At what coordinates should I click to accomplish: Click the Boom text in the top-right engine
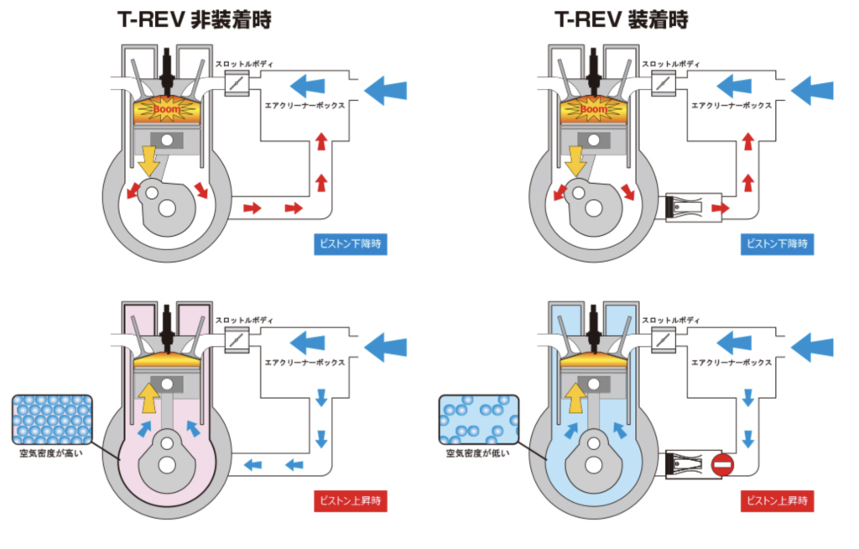593,109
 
